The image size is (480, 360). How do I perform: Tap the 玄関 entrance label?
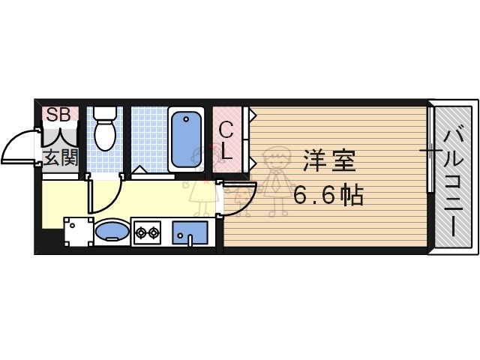59,157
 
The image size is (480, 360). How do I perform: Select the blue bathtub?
185,139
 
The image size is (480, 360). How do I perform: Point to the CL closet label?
227,140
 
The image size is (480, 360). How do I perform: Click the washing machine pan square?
76,232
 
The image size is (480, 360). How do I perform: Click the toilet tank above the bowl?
103,115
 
